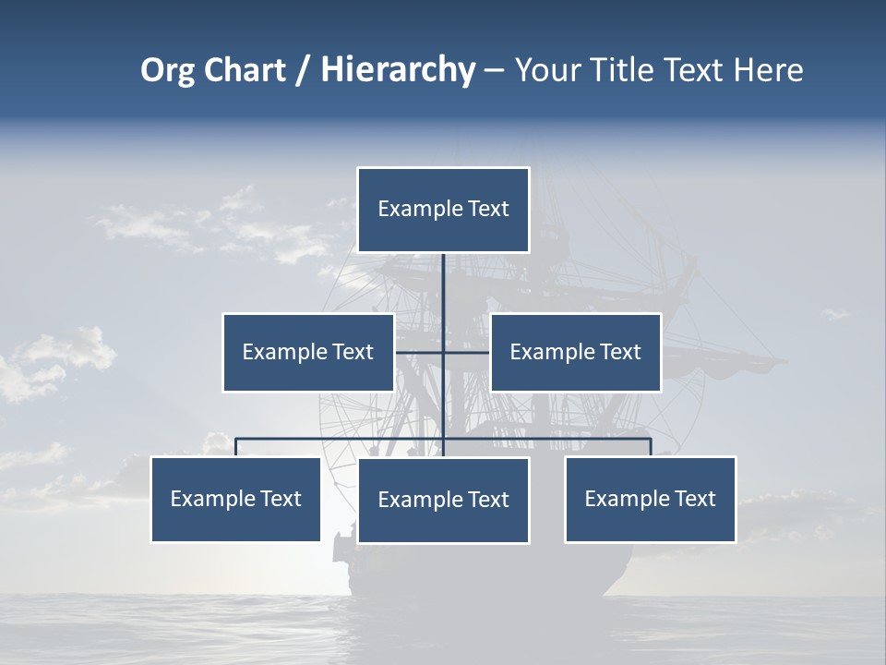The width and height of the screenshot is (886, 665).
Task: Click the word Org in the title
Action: (167, 70)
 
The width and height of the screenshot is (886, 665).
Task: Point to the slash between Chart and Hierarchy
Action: (303, 70)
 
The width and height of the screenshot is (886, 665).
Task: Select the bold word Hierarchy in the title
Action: (397, 70)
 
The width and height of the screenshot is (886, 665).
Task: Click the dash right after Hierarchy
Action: (494, 70)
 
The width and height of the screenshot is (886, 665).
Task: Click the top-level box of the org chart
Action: (443, 210)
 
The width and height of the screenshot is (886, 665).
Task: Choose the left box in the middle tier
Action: (308, 352)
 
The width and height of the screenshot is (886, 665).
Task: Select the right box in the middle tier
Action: (576, 352)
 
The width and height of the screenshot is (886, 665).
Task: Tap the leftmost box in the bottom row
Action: (236, 499)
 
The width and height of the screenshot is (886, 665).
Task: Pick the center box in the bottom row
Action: (443, 500)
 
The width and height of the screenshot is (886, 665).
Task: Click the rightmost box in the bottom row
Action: (651, 499)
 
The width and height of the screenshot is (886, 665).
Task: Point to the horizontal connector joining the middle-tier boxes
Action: (466, 352)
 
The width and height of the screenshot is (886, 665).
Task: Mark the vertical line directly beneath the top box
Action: (443, 286)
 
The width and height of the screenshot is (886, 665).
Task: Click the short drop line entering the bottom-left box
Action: (236, 447)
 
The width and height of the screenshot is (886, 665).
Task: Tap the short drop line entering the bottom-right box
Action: (651, 447)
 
